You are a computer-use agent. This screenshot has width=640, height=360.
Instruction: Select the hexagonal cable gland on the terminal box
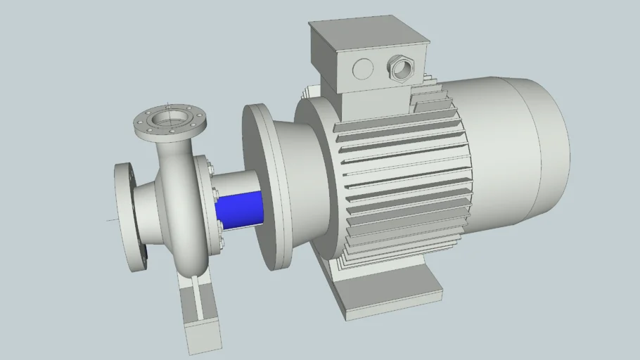pos(403,68)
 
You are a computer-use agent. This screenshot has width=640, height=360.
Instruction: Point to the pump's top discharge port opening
pos(169,117)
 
